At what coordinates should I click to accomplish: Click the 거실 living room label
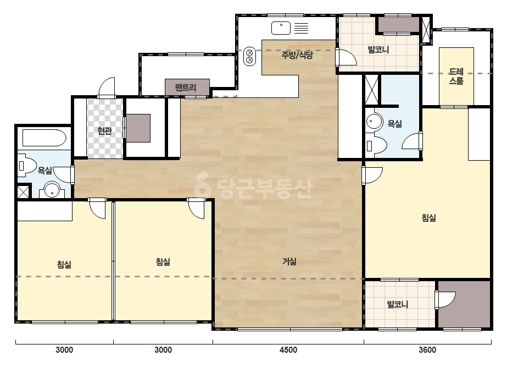[x=289, y=261]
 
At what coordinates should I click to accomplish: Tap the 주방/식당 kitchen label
[x=297, y=55]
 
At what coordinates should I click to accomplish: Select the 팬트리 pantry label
[x=186, y=87]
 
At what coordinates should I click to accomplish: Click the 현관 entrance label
[x=104, y=130]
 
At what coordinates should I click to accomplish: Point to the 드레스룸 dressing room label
[x=456, y=76]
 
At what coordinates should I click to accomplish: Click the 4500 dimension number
[x=288, y=350]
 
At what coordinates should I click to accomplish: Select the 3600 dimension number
[x=427, y=350]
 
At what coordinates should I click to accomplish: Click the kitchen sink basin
[x=281, y=28]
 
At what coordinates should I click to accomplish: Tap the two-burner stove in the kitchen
[x=249, y=56]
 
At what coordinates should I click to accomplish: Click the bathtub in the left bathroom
[x=44, y=138]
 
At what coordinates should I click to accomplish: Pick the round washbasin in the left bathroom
[x=52, y=190]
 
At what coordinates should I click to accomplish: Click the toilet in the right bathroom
[x=376, y=146]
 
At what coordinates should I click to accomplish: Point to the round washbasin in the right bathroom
[x=374, y=122]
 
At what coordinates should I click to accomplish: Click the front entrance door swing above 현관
[x=107, y=87]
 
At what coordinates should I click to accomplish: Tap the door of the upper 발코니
[x=346, y=58]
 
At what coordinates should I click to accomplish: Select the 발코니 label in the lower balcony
[x=398, y=304]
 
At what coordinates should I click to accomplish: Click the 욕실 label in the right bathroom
[x=395, y=123]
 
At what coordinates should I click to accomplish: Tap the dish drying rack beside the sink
[x=302, y=28]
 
